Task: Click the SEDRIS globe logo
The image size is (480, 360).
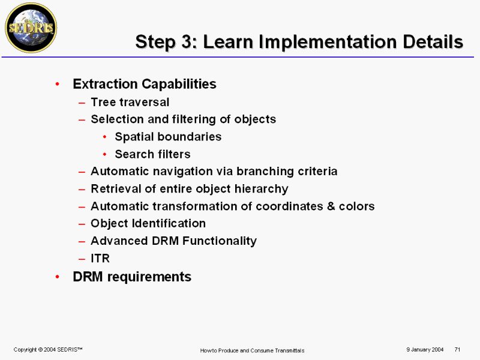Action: point(31,28)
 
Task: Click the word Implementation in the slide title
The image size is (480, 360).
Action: point(328,41)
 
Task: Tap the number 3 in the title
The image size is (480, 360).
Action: point(187,41)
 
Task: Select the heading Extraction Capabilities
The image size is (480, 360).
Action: point(145,84)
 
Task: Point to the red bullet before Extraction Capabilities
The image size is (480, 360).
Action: point(57,84)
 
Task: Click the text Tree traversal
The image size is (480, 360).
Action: point(130,102)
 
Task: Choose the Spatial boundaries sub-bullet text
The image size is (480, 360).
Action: point(168,137)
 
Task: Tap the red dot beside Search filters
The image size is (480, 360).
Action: point(104,154)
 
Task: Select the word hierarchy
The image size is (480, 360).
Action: point(262,189)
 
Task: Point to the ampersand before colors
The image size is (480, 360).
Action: point(331,206)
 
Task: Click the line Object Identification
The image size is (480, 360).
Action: point(148,223)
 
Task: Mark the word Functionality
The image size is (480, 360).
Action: point(220,241)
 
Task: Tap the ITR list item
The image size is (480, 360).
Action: point(100,259)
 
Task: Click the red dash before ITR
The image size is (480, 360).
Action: point(82,259)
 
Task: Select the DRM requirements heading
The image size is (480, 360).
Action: point(132,277)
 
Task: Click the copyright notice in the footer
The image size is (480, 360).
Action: point(48,350)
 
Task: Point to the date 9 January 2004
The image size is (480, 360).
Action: point(425,350)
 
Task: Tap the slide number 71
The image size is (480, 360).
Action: point(457,349)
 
